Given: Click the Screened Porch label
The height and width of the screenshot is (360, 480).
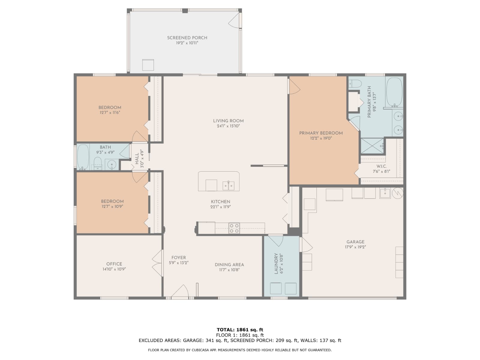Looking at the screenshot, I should point(187,38).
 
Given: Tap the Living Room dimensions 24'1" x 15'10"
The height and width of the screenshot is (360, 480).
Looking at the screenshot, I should point(228,126).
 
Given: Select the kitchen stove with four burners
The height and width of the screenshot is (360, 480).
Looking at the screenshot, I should point(234,228).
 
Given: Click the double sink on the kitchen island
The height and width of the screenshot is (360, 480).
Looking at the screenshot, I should point(228,186).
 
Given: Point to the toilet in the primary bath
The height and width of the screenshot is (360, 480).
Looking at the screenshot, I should point(355,84).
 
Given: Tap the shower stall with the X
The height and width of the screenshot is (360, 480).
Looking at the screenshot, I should point(372,146).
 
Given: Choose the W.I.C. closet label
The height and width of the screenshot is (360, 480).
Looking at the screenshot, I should point(381,166).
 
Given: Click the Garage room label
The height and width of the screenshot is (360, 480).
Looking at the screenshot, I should point(355,242).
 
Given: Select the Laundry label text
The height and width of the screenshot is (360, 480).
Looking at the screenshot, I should point(276,263).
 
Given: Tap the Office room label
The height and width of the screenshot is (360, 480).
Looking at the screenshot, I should point(114,264).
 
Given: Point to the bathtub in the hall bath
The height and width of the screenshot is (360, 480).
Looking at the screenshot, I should point(83,157).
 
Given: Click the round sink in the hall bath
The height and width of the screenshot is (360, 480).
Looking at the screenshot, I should point(112,164).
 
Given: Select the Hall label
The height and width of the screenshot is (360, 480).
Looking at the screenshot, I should point(137,158).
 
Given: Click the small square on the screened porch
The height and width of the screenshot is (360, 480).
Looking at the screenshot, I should point(148,65).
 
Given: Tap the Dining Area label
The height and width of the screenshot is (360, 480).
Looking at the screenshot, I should point(229,265).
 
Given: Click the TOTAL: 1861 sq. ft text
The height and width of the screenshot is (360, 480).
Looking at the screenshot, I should point(240,330).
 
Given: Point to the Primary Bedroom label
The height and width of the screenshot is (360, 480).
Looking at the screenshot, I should point(321,133).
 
